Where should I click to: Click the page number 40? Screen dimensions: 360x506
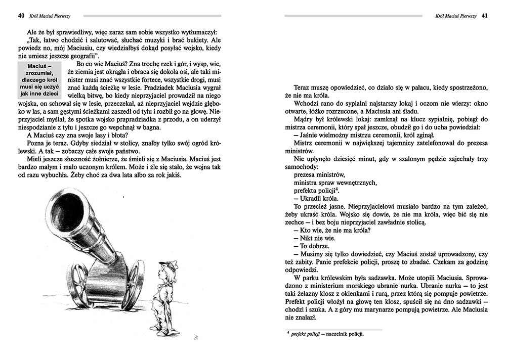coord(21,16)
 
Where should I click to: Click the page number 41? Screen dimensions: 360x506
coord(484,16)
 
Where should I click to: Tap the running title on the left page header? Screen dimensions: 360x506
coord(52,16)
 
